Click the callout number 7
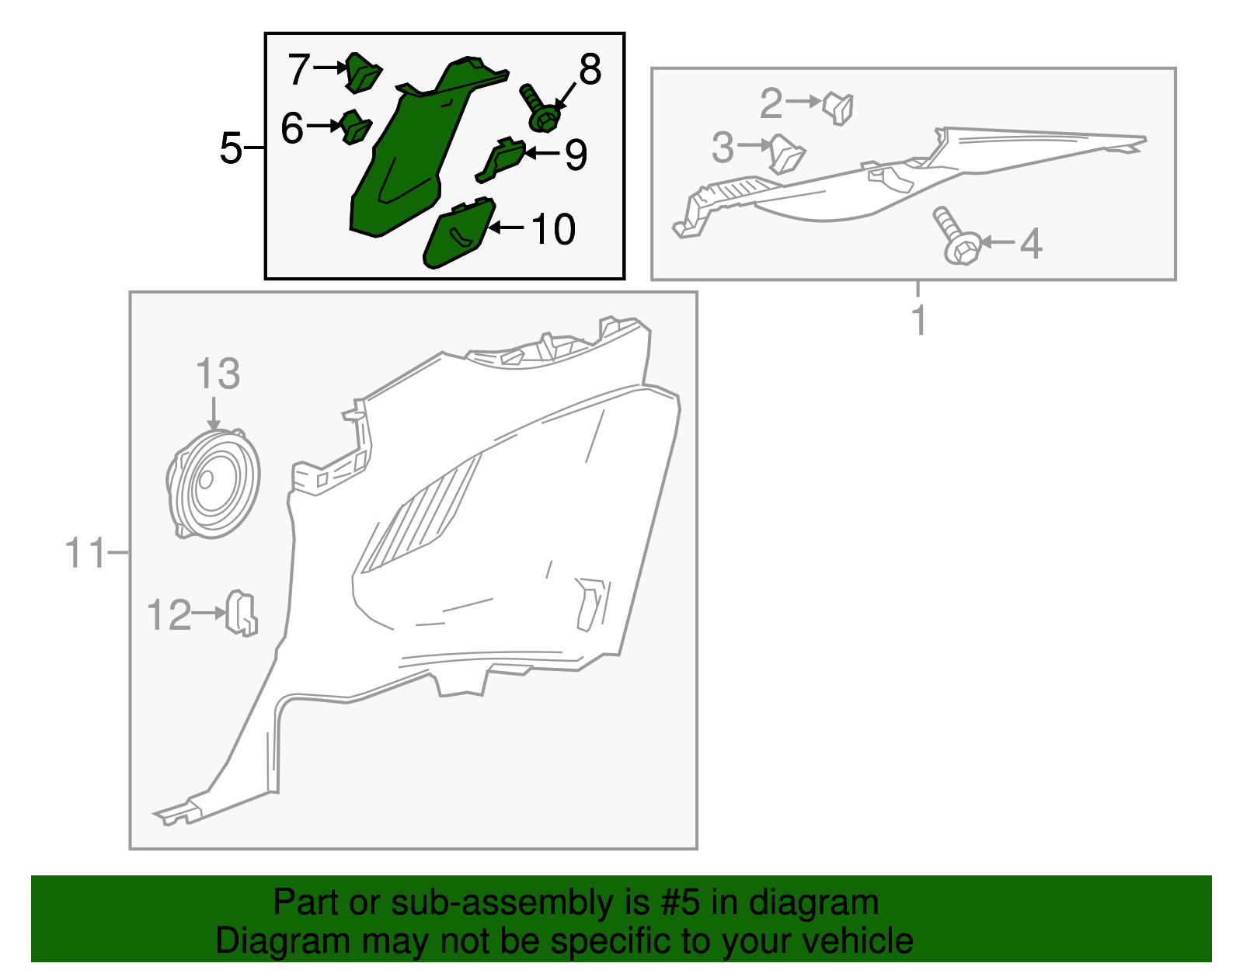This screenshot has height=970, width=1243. point(299,68)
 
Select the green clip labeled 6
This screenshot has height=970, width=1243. point(356,127)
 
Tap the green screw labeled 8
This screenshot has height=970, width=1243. point(539,110)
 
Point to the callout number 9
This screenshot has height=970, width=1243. point(576,155)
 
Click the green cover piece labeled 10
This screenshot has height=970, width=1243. point(459,233)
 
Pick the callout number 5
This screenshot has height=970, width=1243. point(231,148)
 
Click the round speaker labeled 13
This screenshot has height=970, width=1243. point(213,484)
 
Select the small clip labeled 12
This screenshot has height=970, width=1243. point(242,614)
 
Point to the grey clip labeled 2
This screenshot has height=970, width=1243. point(838,109)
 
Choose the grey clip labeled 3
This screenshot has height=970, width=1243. point(786,154)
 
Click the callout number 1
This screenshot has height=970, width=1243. point(919,321)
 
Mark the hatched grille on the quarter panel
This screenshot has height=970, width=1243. point(420,516)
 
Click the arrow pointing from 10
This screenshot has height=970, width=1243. point(507,228)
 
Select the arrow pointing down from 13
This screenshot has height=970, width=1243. point(214,412)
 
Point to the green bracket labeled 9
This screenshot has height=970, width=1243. point(500,160)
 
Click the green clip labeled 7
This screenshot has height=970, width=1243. point(362,72)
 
